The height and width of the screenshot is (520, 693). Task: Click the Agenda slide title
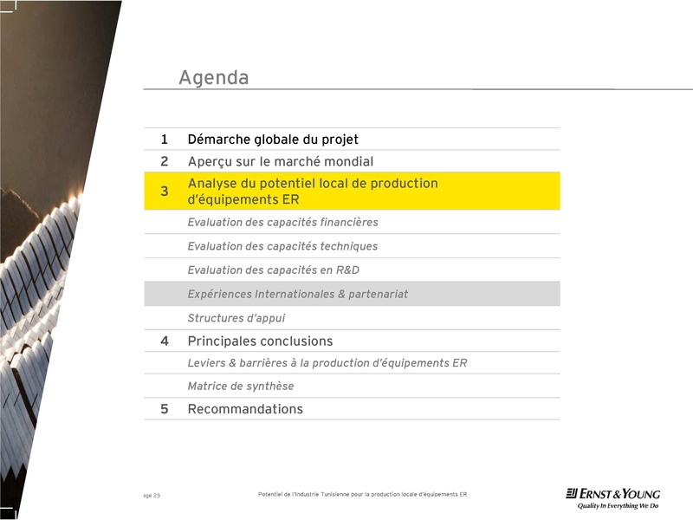click(x=213, y=78)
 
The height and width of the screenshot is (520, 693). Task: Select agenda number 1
click(x=164, y=140)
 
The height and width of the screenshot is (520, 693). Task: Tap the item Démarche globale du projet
click(x=273, y=140)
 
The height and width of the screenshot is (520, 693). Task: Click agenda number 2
click(x=164, y=161)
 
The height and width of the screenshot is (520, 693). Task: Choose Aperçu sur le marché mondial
click(x=280, y=161)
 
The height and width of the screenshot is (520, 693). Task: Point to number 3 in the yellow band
click(x=164, y=192)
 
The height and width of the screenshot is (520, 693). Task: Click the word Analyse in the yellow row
click(x=210, y=184)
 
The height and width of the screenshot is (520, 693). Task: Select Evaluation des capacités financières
click(x=282, y=223)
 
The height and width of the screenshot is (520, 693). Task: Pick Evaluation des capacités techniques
click(x=282, y=246)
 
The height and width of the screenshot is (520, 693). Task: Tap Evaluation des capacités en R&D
click(x=273, y=270)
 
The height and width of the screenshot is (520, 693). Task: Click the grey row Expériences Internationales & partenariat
click(x=297, y=295)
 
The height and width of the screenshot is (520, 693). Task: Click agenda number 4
click(x=164, y=341)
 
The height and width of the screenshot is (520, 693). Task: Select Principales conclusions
click(x=260, y=341)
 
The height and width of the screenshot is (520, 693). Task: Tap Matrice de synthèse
click(x=240, y=387)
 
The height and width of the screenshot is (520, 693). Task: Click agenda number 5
click(x=164, y=409)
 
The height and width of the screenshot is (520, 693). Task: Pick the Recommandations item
click(x=245, y=409)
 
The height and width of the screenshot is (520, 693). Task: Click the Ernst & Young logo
click(x=612, y=498)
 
